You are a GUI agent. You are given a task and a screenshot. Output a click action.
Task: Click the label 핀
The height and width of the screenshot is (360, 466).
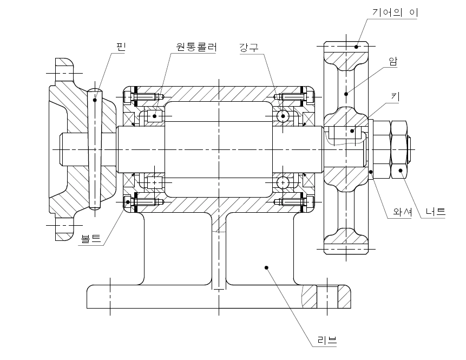pyautogui.click(x=120, y=47)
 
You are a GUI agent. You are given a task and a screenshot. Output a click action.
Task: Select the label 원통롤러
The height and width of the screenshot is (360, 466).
pyautogui.click(x=196, y=47)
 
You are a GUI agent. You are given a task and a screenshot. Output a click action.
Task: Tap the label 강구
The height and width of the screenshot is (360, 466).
pyautogui.click(x=249, y=47)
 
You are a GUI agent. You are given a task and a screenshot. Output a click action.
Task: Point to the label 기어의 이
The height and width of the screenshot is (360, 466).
pyautogui.click(x=396, y=11)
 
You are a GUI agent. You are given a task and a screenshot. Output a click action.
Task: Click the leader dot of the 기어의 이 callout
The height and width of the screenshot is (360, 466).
pyautogui.click(x=357, y=47)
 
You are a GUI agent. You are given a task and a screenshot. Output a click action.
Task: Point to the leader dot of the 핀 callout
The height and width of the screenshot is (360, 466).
pyautogui.click(x=95, y=100)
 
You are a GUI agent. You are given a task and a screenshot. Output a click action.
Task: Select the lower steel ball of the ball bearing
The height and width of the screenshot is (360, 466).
pyautogui.click(x=283, y=183)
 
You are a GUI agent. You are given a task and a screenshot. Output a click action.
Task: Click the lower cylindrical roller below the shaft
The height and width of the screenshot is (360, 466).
pyautogui.click(x=155, y=183)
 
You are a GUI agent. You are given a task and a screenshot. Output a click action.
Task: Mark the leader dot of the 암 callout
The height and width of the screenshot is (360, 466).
pyautogui.click(x=346, y=94)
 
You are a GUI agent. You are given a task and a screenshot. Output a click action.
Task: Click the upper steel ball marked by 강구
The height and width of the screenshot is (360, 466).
pyautogui.click(x=283, y=116)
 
